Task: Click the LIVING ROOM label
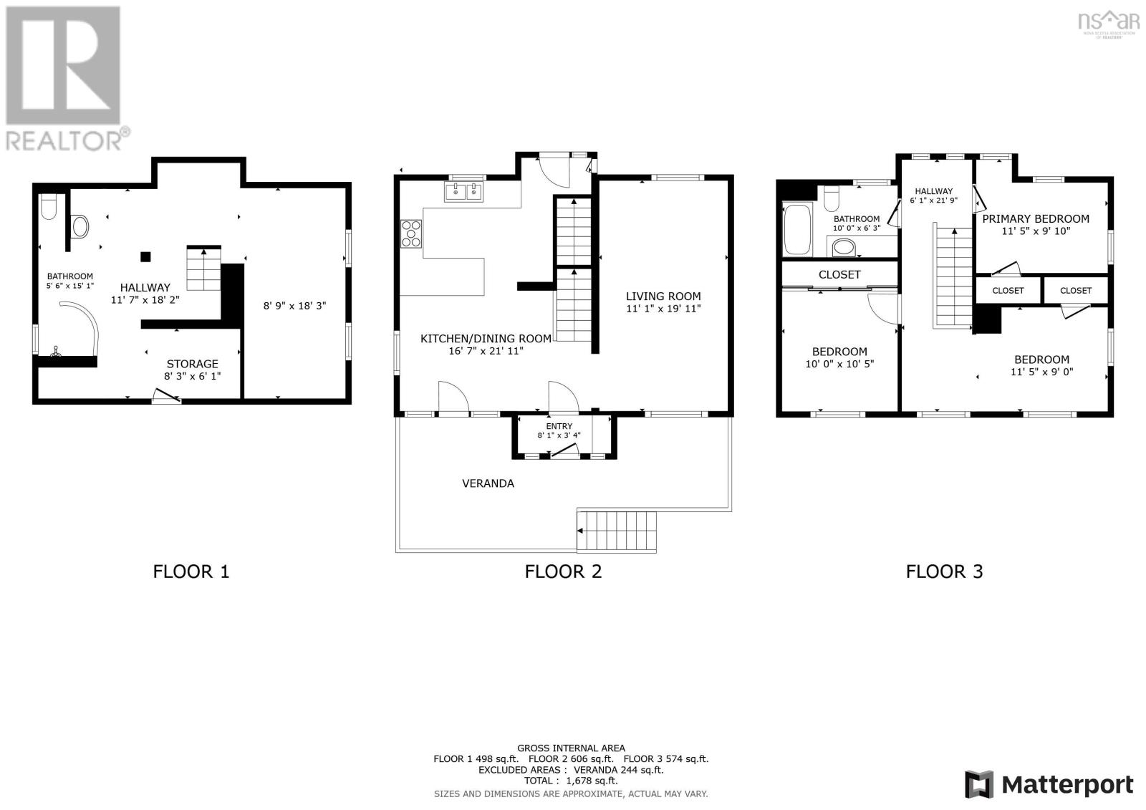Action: pos(663,296)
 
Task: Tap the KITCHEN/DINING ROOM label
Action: pos(486,339)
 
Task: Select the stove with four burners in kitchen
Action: pos(411,233)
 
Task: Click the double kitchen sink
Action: pos(463,192)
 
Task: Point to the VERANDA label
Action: pos(488,483)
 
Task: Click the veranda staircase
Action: pos(617,531)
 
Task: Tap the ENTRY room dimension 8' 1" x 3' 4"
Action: pos(559,435)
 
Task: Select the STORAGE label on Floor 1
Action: pos(192,364)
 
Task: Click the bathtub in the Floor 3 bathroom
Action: pos(797,230)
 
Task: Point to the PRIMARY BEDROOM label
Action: pos(1035,219)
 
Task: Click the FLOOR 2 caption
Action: pos(563,572)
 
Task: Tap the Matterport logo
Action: pos(1049,784)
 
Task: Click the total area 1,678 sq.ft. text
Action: pos(570,781)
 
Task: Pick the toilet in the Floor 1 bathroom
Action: pos(49,207)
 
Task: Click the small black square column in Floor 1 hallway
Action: pos(145,256)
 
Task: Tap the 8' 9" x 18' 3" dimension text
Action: pos(294,306)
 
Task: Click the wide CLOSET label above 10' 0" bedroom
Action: pos(839,274)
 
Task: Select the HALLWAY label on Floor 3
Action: pos(933,191)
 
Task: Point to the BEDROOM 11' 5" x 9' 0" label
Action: pos(1041,360)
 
